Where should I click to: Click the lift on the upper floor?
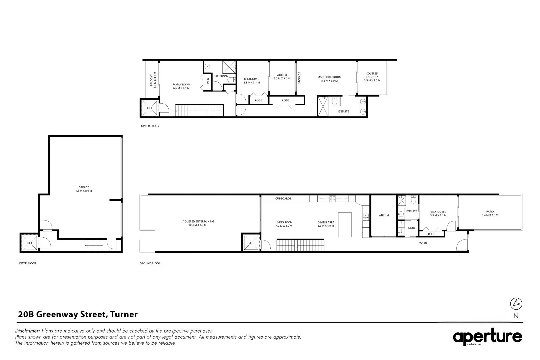tap(150, 108)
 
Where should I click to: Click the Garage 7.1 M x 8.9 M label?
tap(83, 189)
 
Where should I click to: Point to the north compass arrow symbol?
tap(516, 303)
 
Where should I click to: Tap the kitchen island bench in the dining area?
tap(345, 224)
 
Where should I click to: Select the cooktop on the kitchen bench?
tap(332, 199)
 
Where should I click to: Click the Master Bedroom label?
tap(329, 79)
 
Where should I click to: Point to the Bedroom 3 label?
tap(251, 81)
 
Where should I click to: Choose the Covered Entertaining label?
tap(198, 223)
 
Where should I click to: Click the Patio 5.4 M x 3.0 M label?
tap(490, 213)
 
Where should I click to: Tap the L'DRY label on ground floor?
tap(411, 228)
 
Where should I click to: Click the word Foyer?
tap(423, 243)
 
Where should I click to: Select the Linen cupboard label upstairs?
tap(208, 81)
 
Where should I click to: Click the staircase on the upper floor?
tap(199, 110)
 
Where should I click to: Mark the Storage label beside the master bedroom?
tap(299, 78)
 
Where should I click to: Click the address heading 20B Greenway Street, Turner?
tap(78, 314)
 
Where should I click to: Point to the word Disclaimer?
tap(27, 331)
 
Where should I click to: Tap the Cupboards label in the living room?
tap(283, 199)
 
